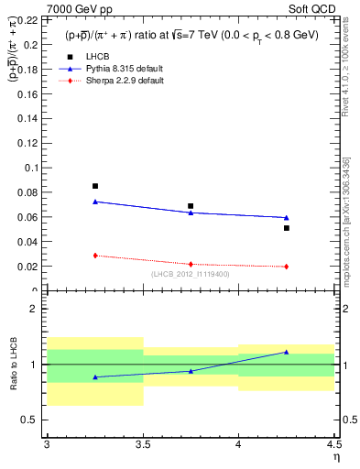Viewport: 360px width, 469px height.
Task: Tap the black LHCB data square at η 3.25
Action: click(94, 186)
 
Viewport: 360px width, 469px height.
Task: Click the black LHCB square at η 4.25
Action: click(287, 228)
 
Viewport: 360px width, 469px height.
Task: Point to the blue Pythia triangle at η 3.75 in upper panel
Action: click(191, 213)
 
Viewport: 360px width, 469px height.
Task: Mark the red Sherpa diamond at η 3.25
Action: click(94, 256)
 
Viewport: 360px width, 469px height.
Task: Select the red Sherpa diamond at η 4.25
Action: click(287, 267)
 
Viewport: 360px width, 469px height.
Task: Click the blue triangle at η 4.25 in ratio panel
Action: click(287, 352)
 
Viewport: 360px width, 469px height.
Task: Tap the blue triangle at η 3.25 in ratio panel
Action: click(94, 376)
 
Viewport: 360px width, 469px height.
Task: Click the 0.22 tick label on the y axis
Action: click(29, 19)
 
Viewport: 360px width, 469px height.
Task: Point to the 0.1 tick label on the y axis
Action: click(33, 168)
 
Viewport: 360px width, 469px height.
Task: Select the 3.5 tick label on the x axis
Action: click(142, 443)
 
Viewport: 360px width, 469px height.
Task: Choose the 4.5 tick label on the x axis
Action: click(333, 443)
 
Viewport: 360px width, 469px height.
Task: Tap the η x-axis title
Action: click(336, 455)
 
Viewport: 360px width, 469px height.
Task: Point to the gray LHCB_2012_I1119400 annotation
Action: click(191, 273)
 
